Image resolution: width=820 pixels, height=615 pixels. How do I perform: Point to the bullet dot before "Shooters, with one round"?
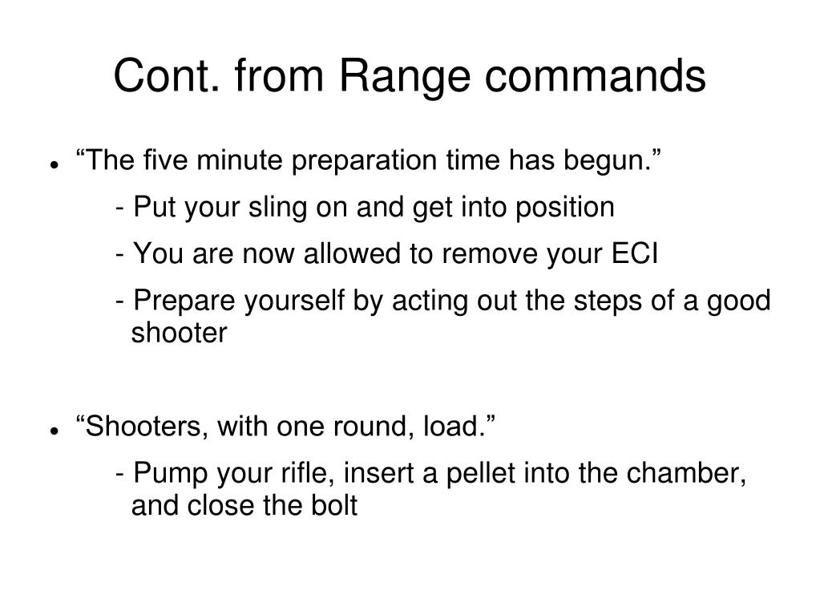click(55, 430)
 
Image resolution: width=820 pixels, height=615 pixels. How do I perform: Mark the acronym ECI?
click(633, 254)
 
